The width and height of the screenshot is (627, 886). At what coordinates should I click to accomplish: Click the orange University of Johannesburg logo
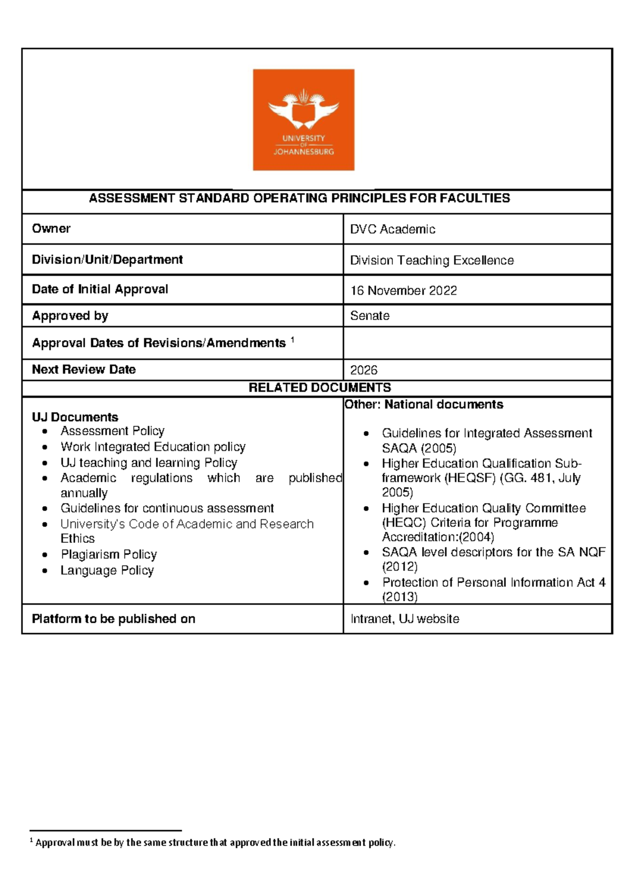[x=304, y=120]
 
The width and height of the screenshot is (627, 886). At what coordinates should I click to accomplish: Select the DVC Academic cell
[x=392, y=229]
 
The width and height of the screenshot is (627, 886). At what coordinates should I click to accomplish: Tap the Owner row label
[x=51, y=229]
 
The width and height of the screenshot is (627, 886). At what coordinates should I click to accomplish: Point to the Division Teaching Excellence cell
[x=432, y=260]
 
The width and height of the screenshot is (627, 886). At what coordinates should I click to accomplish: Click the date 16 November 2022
[x=403, y=291]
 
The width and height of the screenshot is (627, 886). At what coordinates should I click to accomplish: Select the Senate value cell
[x=370, y=316]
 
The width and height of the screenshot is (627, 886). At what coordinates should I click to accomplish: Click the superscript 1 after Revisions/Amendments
[x=293, y=340]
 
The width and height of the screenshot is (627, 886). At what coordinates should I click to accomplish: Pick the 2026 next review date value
[x=364, y=370]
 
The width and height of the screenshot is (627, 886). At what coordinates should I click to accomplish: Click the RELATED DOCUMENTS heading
[x=319, y=388]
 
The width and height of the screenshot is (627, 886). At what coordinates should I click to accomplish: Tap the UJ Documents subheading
[x=75, y=417]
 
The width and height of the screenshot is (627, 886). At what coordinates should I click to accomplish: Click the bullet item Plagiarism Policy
[x=109, y=554]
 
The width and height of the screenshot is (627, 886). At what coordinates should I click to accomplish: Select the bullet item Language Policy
[x=107, y=570]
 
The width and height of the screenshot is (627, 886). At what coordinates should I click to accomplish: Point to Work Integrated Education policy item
[x=153, y=447]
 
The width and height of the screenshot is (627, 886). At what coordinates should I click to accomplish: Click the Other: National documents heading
[x=424, y=404]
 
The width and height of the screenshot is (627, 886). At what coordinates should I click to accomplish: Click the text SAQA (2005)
[x=419, y=448]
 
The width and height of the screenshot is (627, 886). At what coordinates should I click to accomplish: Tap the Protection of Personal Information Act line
[x=493, y=582]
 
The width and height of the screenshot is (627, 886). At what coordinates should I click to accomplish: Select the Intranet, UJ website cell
[x=405, y=619]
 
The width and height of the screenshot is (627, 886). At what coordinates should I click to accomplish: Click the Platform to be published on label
[x=113, y=619]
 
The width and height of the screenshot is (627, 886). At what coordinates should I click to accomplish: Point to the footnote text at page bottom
[x=215, y=843]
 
